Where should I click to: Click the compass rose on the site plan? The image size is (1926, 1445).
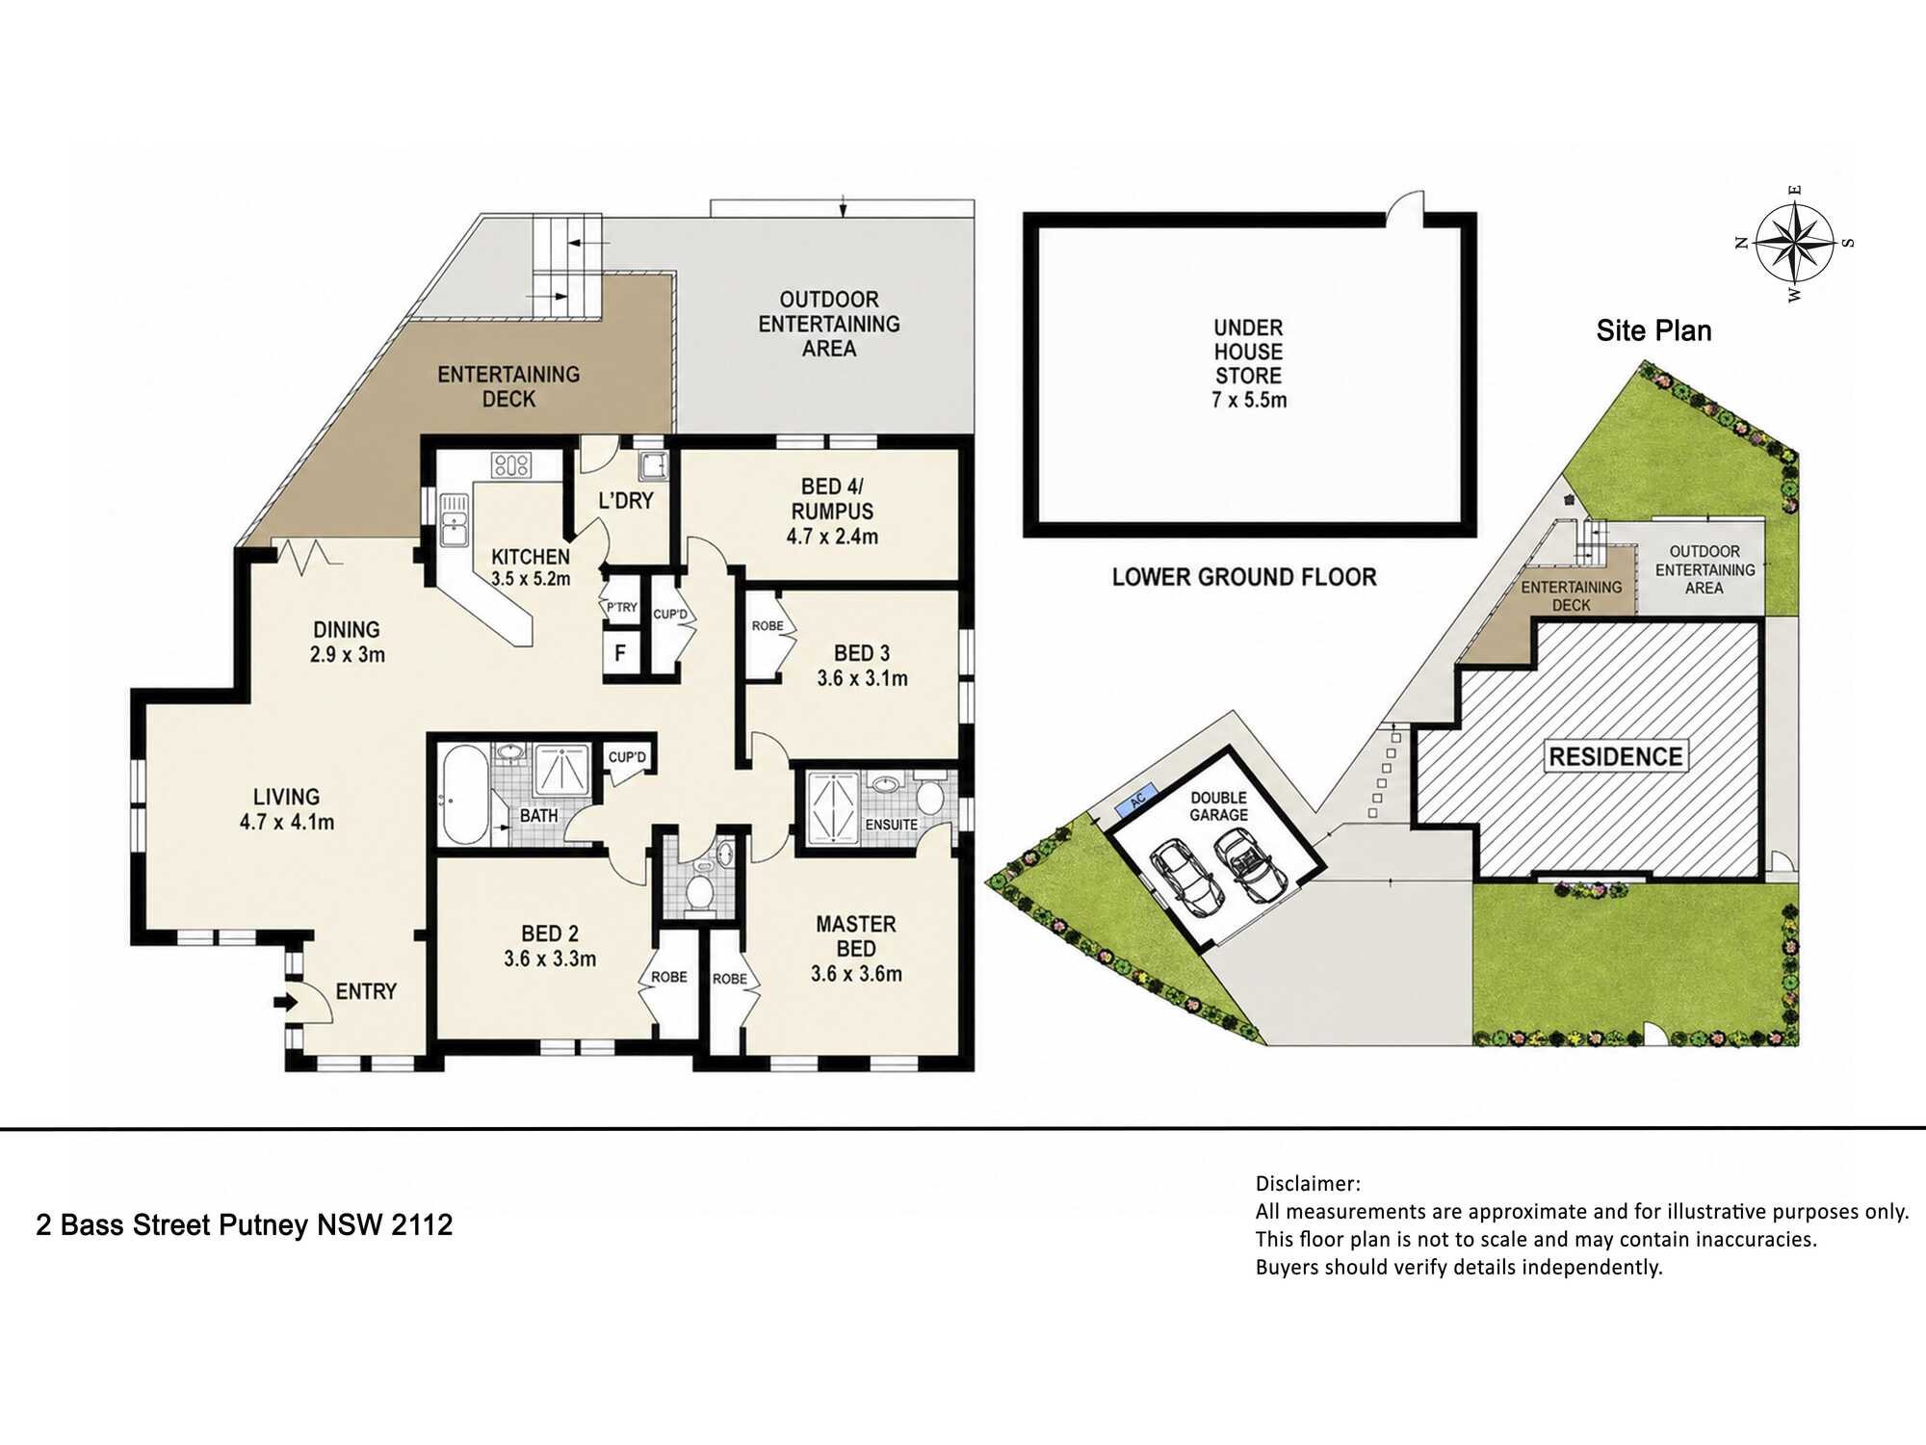coord(1794,243)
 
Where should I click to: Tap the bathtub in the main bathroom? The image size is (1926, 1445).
coord(465,795)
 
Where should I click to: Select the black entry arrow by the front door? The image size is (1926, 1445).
coord(286,1003)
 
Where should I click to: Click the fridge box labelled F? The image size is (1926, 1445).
coord(620,653)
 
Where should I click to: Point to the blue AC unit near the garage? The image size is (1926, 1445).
coord(1137,800)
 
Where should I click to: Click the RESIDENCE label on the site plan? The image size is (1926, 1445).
coord(1616,756)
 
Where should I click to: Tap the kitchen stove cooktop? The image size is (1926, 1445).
coord(510,465)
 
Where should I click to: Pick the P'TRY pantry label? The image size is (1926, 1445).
coord(621,607)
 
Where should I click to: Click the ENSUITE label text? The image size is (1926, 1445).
coord(891,825)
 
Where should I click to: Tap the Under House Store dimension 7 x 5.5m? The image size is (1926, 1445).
coord(1249,400)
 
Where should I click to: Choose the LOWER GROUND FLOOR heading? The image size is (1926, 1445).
coord(1244,577)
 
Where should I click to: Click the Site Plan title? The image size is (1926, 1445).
coord(1653,330)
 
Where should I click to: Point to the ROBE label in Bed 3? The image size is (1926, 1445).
coord(768,626)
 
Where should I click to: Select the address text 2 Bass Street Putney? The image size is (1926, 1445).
coord(173,1224)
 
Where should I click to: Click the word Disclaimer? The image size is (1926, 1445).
coord(1308,1184)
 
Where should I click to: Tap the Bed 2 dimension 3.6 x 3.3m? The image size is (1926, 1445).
coord(550,959)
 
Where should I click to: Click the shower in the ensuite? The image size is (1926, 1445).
coord(832,807)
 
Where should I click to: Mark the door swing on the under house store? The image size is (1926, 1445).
coord(1406,208)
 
